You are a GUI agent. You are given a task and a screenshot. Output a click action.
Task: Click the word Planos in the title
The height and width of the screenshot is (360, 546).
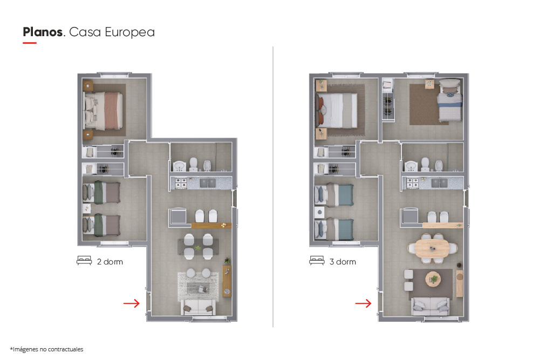click(43, 32)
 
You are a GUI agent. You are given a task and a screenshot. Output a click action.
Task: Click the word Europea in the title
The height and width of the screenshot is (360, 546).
click(129, 32)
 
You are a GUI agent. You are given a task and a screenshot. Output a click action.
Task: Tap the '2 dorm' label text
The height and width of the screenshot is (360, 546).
click(110, 262)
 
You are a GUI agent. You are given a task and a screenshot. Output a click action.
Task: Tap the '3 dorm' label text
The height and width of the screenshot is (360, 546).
click(343, 262)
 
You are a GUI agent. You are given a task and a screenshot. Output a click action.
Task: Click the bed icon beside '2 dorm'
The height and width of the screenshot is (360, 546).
click(84, 261)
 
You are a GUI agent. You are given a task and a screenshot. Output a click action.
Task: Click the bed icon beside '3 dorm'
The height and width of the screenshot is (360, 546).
click(317, 261)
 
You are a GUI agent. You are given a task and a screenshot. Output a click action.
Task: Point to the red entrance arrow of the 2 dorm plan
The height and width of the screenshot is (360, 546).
click(131, 303)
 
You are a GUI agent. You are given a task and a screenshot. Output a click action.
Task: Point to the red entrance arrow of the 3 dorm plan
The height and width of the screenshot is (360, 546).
click(363, 303)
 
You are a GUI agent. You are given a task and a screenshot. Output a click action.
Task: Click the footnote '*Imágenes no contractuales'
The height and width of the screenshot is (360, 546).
click(46, 349)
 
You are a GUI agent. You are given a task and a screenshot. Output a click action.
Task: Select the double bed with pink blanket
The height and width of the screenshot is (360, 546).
click(103, 111)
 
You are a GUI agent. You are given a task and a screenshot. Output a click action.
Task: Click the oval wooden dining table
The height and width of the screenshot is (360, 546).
click(432, 249)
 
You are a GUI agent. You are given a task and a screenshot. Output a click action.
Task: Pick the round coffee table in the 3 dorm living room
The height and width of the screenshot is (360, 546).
click(433, 279)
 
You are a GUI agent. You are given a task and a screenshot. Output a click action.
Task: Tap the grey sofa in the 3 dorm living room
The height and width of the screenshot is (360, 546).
click(431, 307)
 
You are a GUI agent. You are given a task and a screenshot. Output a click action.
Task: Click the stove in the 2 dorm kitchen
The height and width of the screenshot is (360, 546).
click(181, 183)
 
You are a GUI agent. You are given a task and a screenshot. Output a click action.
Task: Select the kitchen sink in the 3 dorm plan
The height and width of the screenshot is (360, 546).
click(439, 182)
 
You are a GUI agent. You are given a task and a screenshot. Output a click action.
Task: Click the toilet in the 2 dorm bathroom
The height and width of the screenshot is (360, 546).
click(193, 165)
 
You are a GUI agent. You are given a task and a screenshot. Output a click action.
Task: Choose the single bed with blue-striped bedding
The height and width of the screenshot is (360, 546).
click(449, 100)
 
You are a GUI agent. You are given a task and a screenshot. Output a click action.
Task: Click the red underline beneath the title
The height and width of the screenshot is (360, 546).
click(30, 43)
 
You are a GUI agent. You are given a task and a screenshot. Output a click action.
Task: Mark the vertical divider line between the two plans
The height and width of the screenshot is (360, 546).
click(273, 187)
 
